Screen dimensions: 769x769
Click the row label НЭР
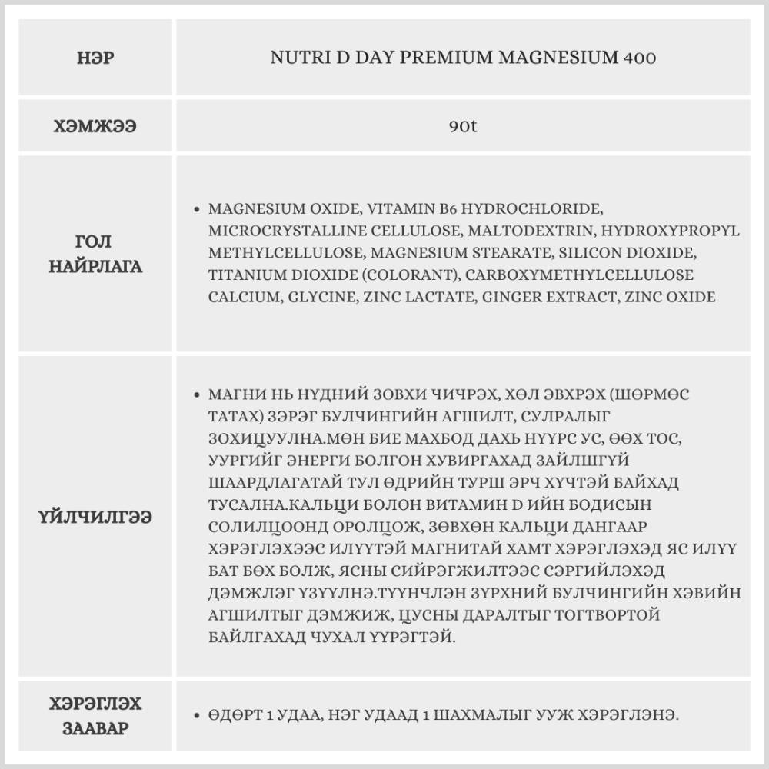[x=96, y=58]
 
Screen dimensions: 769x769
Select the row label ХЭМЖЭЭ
[x=96, y=125]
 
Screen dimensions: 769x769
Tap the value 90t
[x=463, y=125]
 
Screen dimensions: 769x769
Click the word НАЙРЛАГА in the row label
[x=96, y=268]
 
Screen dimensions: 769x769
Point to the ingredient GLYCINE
[x=318, y=297]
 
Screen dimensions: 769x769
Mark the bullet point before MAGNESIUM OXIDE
[x=198, y=209]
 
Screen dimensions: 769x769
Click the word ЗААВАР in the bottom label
[x=96, y=728]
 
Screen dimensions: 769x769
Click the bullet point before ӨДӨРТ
[x=198, y=715]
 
